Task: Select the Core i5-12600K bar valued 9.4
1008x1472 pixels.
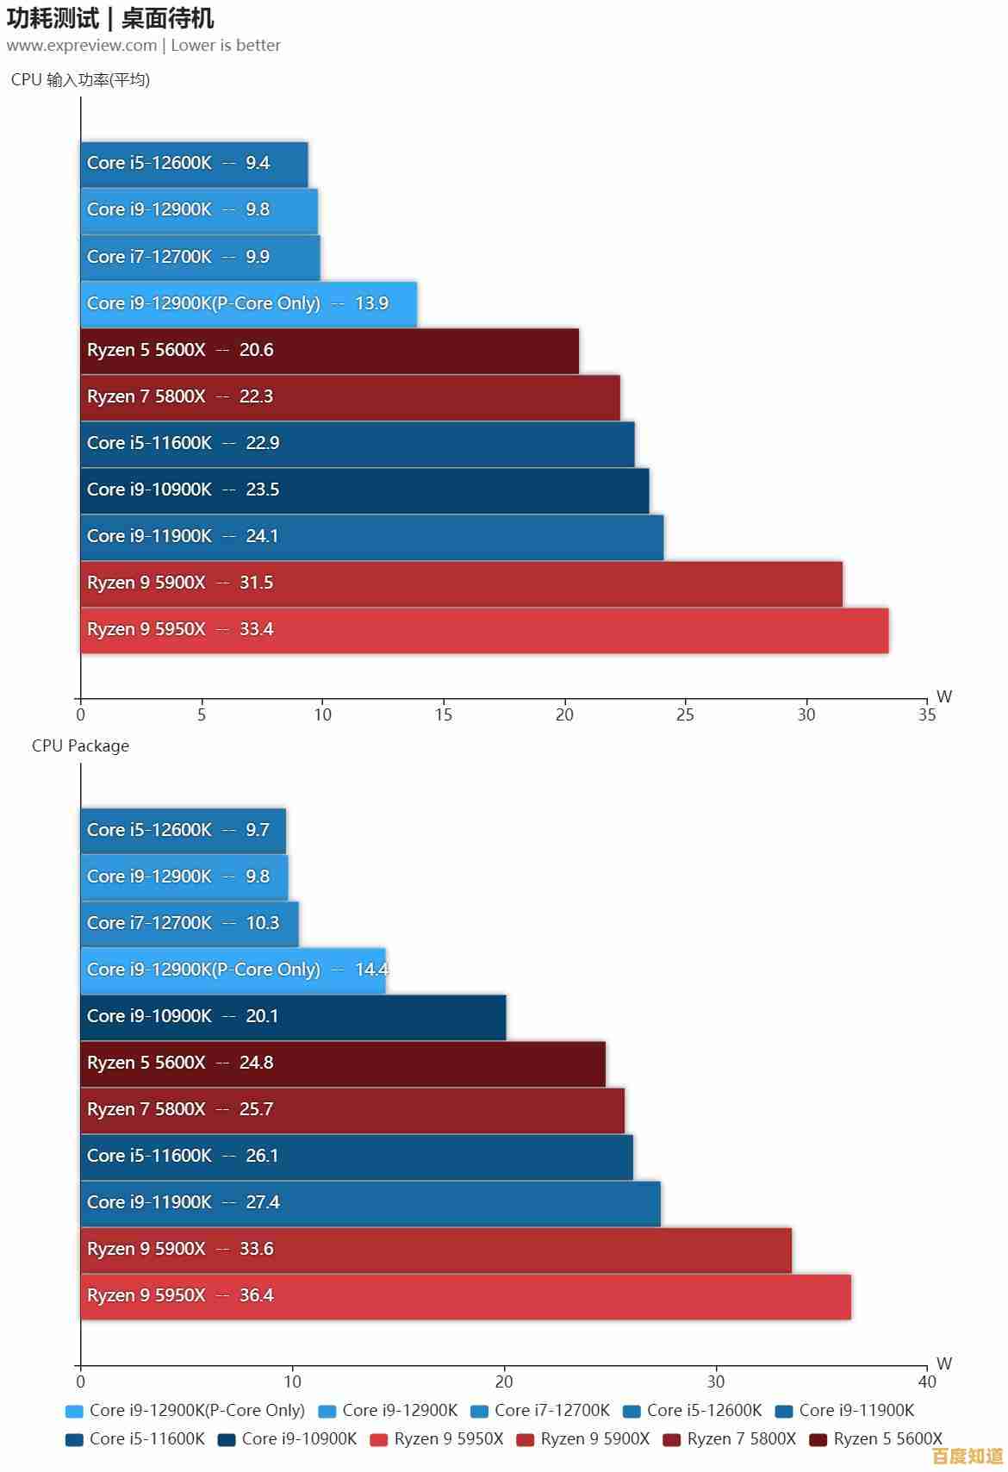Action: (x=194, y=164)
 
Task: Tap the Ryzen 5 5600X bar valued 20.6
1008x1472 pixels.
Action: (x=329, y=351)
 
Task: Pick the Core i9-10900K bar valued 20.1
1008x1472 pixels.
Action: (x=293, y=1017)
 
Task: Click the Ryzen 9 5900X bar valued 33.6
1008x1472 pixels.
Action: (x=436, y=1250)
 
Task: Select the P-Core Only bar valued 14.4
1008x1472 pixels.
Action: (x=233, y=970)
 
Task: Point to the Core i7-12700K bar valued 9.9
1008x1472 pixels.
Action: (x=200, y=257)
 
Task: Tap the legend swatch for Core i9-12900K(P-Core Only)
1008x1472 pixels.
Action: (x=74, y=1411)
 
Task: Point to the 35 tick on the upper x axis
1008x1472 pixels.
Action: (x=927, y=714)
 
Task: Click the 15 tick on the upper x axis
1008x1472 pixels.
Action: (x=444, y=714)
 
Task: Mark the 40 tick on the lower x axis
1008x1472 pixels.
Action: (x=927, y=1382)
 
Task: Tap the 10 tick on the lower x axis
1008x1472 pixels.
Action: (x=292, y=1382)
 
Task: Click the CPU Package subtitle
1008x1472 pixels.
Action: (x=80, y=745)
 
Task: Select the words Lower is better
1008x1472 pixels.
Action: (x=226, y=45)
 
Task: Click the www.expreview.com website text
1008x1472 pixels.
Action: (x=82, y=45)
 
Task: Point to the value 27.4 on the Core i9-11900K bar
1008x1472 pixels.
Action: (x=263, y=1202)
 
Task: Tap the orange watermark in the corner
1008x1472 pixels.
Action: (x=968, y=1456)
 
